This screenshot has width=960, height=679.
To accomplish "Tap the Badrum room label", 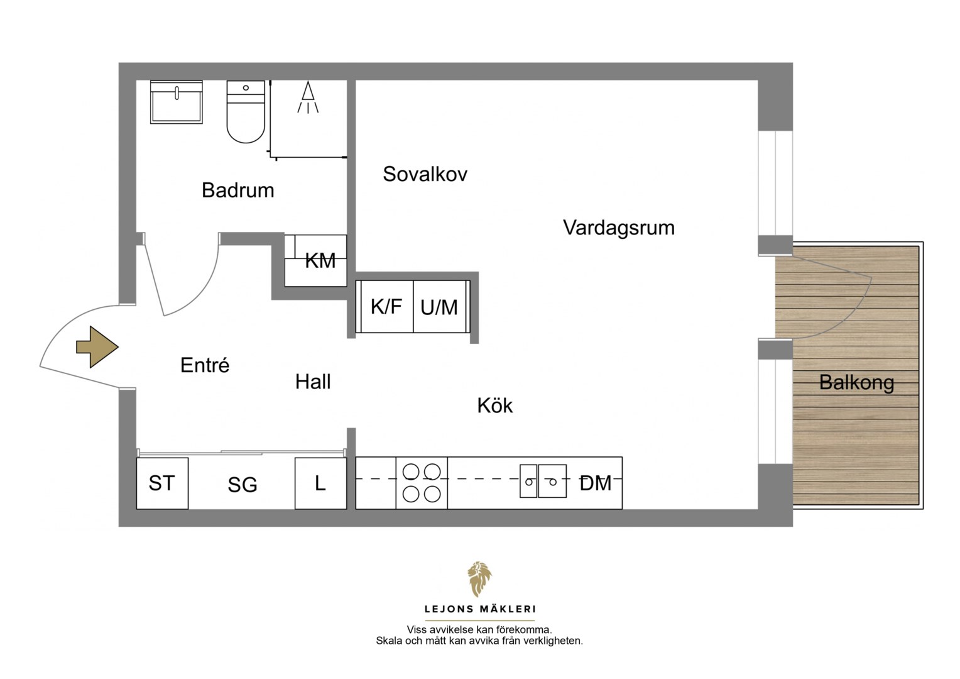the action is pos(238,190).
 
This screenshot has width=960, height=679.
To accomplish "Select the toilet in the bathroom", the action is pos(246,111).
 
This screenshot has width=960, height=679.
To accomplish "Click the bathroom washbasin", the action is pos(176,102).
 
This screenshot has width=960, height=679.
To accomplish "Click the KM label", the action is pos(320,261).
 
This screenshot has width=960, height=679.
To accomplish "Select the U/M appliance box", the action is pos(440,306).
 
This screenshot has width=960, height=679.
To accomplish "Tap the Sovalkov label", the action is pos(425,174).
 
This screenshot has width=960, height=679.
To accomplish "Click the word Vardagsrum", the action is pos(618,228).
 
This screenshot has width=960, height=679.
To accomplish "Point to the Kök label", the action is pos(494,406).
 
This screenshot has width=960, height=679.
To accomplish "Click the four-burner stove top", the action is pos(422,483).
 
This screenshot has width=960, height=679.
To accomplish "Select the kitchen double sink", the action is pos(543,481).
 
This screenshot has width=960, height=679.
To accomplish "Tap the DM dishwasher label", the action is pos(595,483).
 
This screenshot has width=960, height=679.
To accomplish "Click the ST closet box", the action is pos(163,483).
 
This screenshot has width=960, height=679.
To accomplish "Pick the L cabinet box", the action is pos(320,483).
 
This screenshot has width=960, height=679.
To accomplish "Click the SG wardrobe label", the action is pos(242,485).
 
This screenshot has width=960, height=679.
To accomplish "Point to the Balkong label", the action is pos(856,383).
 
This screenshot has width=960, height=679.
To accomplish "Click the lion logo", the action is pos(479,579).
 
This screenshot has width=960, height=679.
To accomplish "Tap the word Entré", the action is pos(204,365).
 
